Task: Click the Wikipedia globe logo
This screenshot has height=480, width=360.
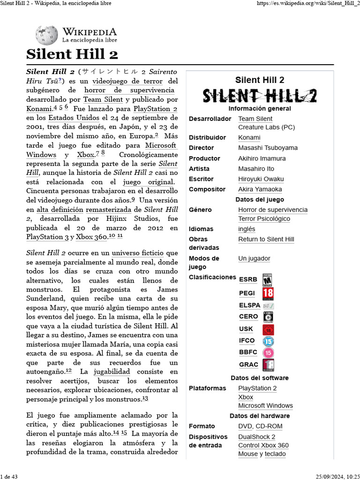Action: click(x=46, y=35)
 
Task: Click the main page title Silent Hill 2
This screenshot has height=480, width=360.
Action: click(x=72, y=54)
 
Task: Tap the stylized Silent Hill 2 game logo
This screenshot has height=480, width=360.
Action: click(x=259, y=96)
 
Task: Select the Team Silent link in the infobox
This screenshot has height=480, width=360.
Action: click(x=255, y=119)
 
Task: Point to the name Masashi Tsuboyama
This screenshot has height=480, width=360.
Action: click(x=268, y=148)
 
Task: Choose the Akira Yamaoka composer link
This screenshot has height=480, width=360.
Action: click(x=260, y=189)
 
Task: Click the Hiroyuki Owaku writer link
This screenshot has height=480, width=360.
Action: click(x=261, y=179)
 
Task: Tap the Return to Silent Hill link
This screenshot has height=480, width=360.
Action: click(x=266, y=239)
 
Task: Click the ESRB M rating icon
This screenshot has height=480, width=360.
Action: click(x=268, y=279)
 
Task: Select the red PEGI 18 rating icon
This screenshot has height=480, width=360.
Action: click(x=268, y=293)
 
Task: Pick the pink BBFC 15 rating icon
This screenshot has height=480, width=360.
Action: click(x=268, y=352)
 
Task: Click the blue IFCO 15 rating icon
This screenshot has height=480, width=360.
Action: click(x=268, y=341)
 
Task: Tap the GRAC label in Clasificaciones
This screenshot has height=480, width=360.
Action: click(x=248, y=365)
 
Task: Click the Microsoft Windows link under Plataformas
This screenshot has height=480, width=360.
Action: click(x=265, y=405)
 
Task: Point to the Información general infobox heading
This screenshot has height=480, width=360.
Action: click(x=260, y=108)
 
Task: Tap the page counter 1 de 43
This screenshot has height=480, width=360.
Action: click(x=9, y=477)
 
